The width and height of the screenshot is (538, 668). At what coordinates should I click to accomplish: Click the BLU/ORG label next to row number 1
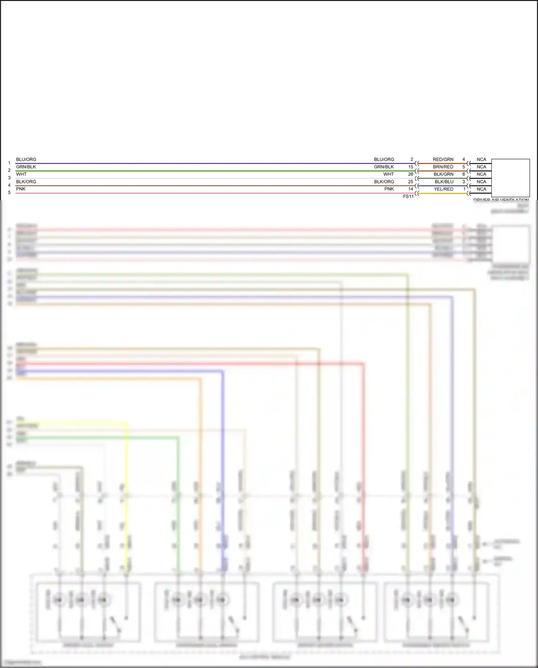click(26, 159)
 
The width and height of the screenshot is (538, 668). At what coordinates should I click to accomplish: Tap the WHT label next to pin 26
click(388, 174)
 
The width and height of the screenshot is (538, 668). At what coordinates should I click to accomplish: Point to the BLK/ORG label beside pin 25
click(384, 182)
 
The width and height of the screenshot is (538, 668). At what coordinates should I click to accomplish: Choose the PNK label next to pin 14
click(389, 189)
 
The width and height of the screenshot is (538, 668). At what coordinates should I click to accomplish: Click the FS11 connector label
click(408, 196)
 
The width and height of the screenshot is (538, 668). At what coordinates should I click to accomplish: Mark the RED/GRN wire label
click(443, 159)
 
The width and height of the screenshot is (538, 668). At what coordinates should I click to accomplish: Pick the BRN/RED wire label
click(443, 167)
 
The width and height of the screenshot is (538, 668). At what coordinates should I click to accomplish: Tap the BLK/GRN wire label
click(443, 174)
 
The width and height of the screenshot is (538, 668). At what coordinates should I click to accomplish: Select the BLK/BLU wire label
click(444, 182)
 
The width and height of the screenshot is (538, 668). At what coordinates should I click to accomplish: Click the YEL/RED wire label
click(444, 189)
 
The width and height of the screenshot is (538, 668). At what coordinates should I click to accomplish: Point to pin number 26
click(411, 174)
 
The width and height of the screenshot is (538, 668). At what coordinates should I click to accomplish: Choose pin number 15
click(411, 167)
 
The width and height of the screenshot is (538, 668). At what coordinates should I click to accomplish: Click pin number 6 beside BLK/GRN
click(463, 174)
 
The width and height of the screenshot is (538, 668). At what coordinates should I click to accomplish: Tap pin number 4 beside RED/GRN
click(463, 159)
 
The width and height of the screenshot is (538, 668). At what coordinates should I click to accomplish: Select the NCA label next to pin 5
click(481, 167)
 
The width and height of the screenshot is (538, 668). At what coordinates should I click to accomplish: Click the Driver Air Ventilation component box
click(510, 178)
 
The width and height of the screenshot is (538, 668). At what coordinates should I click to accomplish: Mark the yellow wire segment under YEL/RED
click(443, 193)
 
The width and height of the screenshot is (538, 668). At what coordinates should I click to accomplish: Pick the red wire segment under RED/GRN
click(443, 164)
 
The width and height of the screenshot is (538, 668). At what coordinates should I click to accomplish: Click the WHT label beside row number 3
click(21, 174)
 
